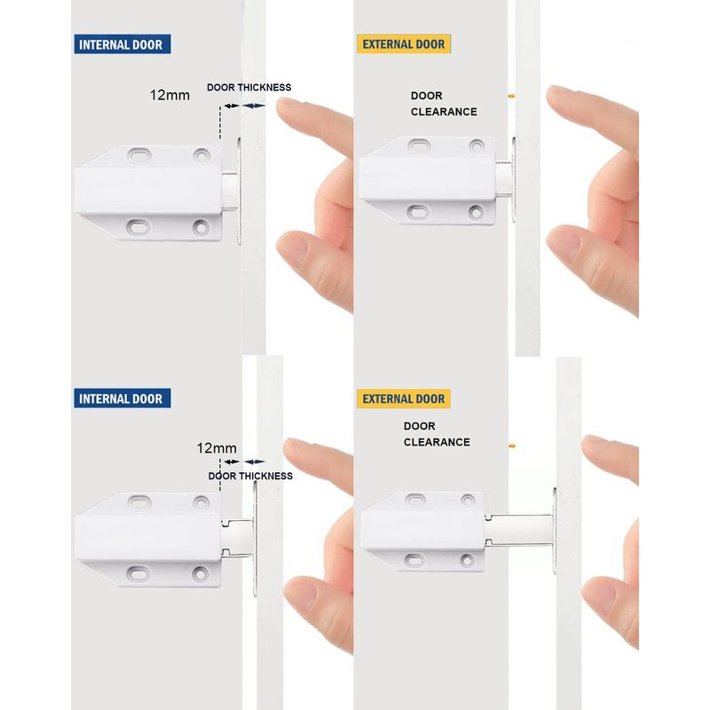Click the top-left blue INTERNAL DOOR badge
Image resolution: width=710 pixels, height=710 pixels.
[122, 43]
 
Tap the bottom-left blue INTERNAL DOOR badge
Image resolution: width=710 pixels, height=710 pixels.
[122, 398]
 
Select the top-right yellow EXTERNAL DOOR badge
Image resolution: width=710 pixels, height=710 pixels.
[404, 43]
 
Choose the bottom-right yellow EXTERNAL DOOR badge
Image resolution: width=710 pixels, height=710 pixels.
[404, 398]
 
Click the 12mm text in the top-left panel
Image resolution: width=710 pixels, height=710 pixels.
[170, 95]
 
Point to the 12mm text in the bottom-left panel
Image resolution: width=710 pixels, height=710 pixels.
[217, 448]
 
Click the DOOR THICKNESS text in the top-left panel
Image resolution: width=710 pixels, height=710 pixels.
[249, 87]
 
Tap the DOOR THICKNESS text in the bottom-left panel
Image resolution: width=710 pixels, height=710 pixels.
[250, 476]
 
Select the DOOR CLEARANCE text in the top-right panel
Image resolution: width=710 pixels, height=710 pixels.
[444, 104]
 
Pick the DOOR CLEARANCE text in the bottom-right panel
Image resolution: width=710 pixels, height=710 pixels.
[437, 434]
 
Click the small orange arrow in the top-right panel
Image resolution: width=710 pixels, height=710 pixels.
[511, 96]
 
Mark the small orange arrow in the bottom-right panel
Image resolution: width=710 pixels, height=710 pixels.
[512, 446]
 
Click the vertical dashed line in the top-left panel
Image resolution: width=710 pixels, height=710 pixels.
[220, 122]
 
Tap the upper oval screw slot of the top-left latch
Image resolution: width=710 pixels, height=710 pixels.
[139, 155]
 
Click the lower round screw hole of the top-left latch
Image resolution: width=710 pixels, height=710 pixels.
[201, 227]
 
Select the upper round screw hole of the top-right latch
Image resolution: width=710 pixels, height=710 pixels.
[477, 146]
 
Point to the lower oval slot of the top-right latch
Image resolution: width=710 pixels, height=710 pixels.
[419, 212]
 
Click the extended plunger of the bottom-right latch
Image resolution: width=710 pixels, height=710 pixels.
[519, 530]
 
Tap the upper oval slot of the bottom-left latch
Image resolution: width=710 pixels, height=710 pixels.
[139, 502]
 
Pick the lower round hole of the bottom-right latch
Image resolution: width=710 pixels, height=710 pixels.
[468, 561]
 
